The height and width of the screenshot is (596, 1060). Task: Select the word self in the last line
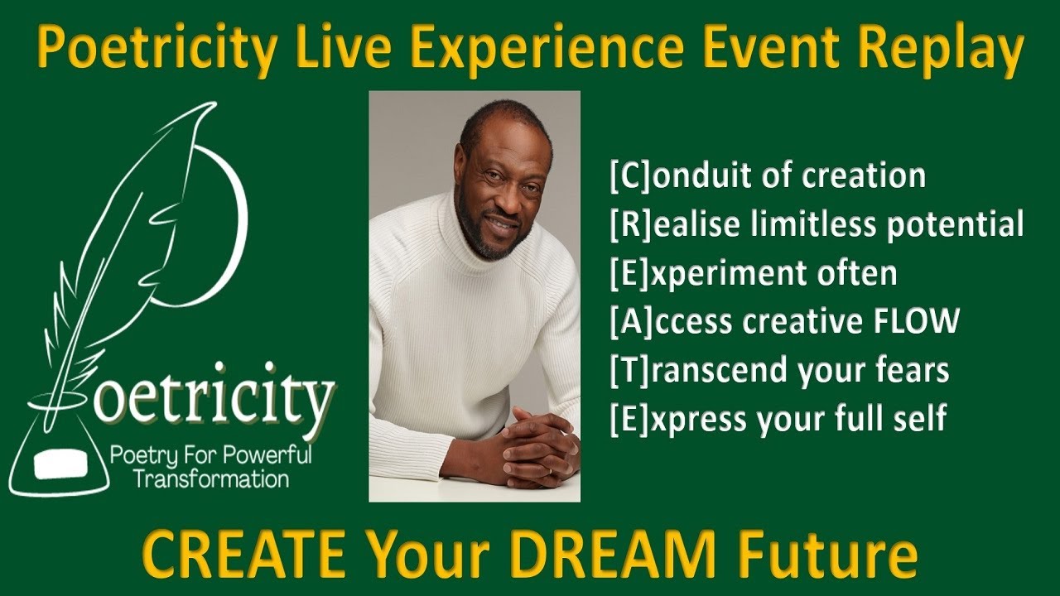coord(920,418)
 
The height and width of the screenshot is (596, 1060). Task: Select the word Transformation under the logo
coord(211,478)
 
